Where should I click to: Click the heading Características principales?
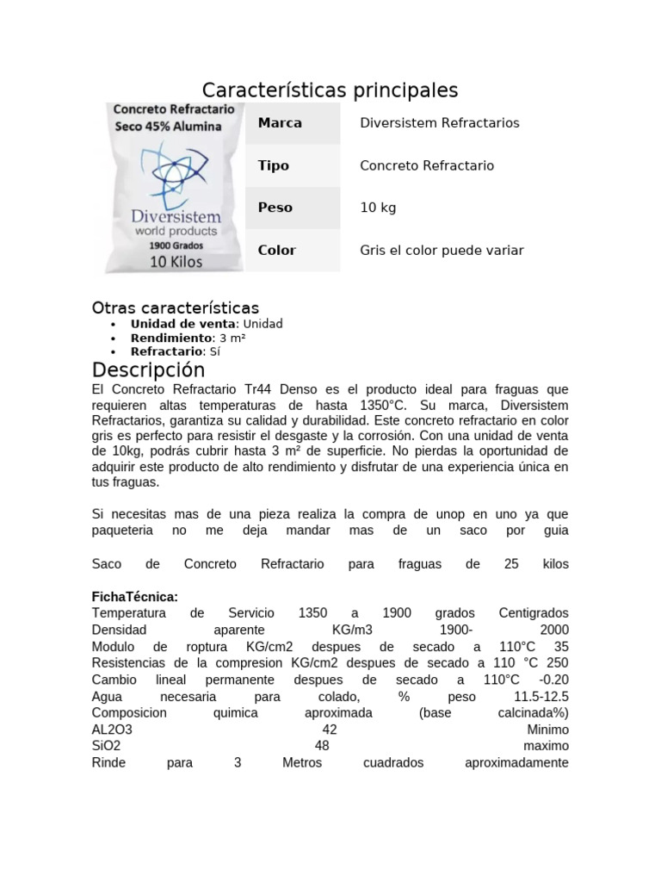pos(330,90)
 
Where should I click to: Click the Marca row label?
pos(280,123)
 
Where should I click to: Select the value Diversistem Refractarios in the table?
pos(439,123)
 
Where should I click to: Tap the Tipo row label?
pos(274,165)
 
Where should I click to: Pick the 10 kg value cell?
pos(378,208)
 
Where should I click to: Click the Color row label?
pos(276,251)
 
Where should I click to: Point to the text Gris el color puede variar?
pos(442,251)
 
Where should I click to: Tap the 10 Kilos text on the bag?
pos(176,261)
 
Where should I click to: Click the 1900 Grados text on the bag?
pos(176,245)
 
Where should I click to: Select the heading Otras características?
pos(176,307)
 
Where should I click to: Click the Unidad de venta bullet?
pos(207,324)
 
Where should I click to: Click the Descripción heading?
pos(149,370)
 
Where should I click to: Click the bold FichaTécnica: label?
pos(135,596)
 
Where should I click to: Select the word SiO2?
pos(107,746)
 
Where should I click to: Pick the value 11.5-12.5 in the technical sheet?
pos(541,696)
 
